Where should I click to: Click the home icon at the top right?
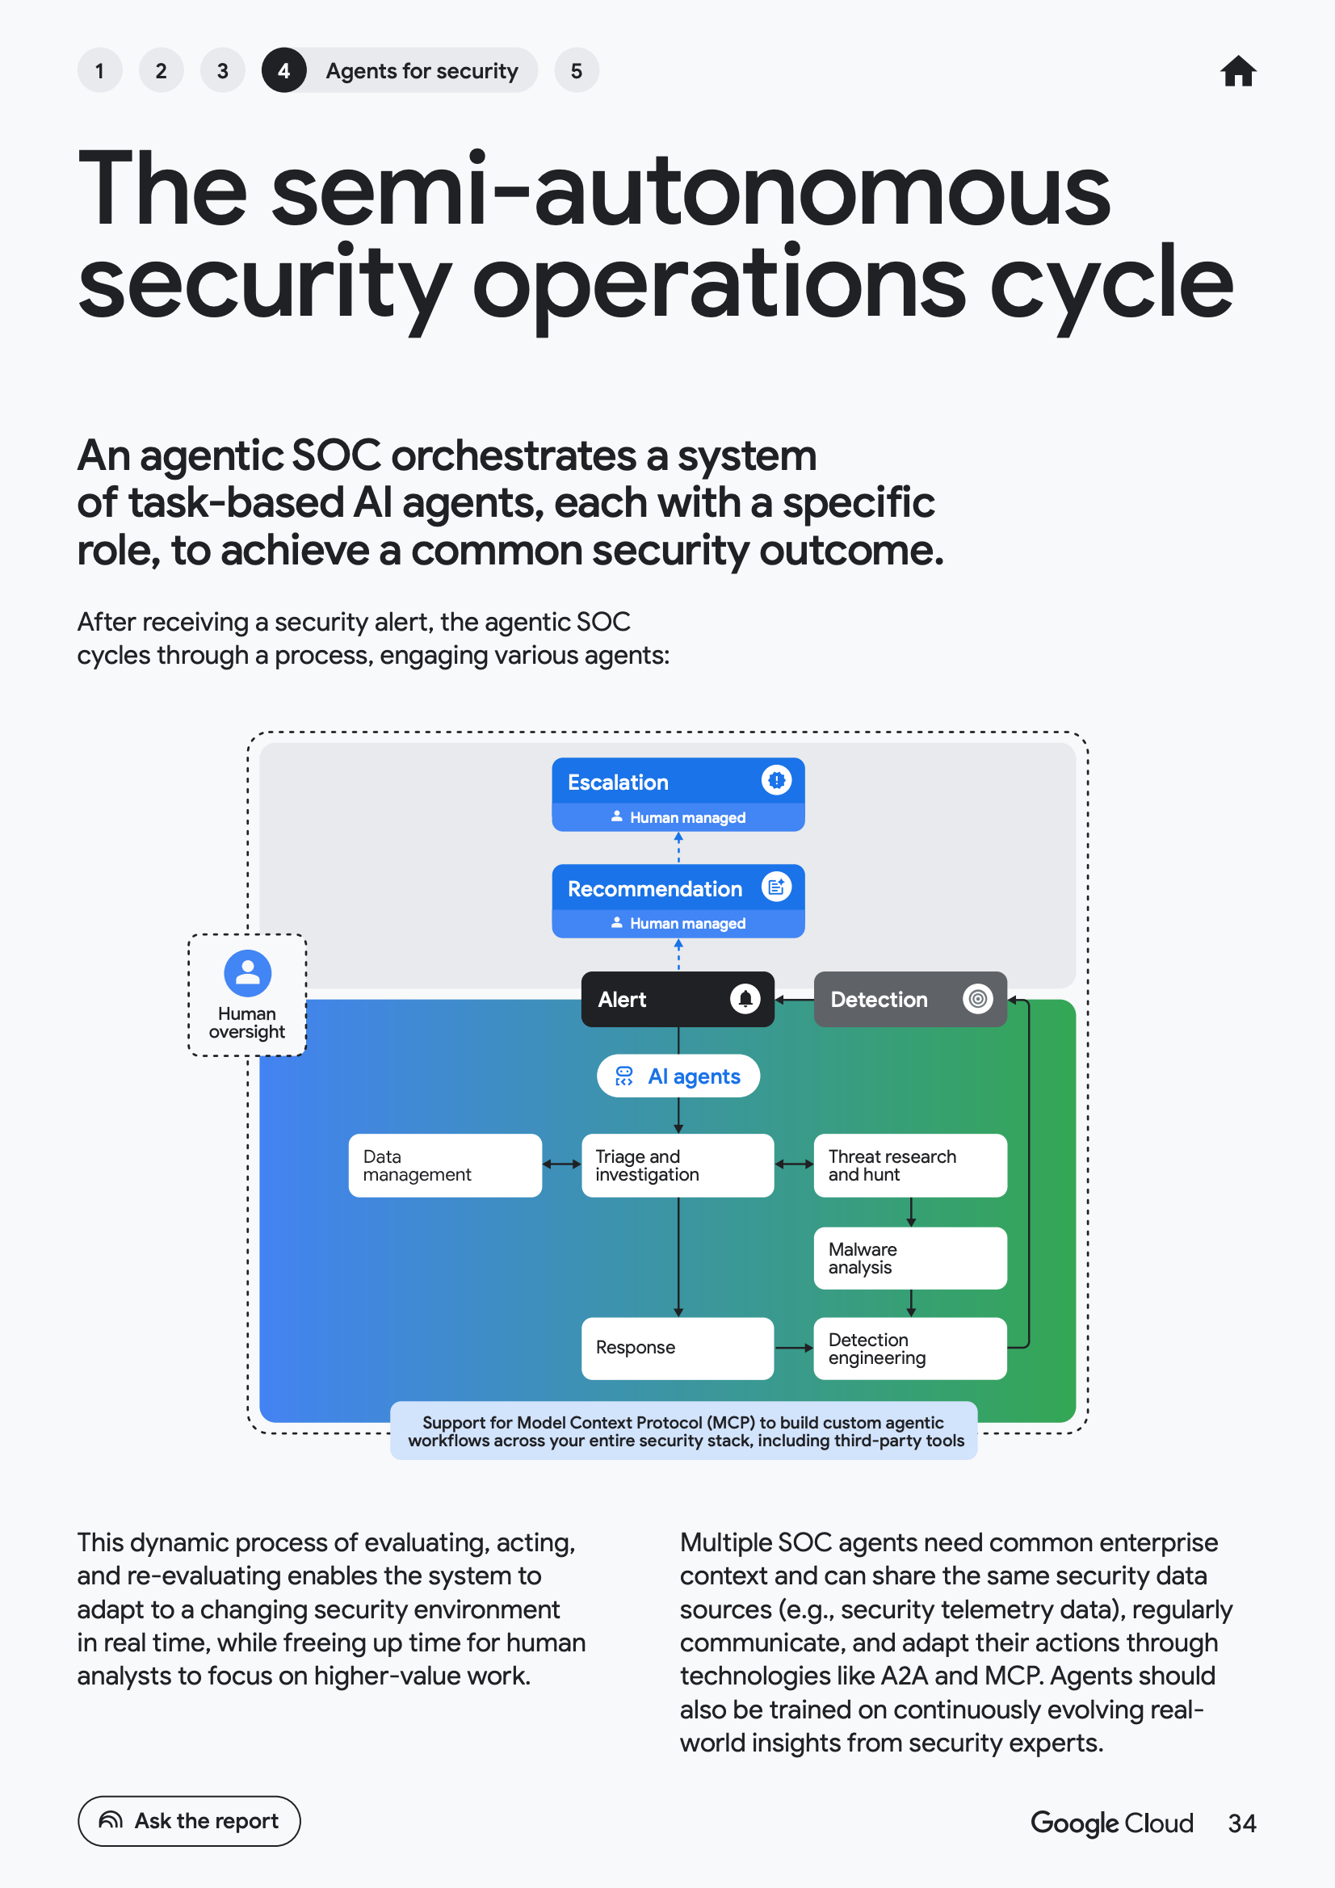point(1238,71)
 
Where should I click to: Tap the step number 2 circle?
point(162,71)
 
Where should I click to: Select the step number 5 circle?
point(577,71)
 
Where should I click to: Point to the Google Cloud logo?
point(1111,1823)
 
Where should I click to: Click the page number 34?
point(1242,1823)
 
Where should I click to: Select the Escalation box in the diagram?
point(678,795)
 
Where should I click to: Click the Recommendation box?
point(678,900)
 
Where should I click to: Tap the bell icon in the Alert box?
point(745,999)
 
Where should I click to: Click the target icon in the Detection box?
point(977,999)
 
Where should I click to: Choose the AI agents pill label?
point(678,1076)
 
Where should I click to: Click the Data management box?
point(445,1165)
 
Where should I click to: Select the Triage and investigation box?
point(678,1165)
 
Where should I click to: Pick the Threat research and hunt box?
point(910,1165)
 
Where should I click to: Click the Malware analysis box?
point(910,1258)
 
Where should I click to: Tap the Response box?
point(678,1349)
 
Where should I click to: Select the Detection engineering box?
point(910,1349)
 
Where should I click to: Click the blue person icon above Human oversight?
point(248,974)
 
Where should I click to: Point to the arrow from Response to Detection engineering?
point(795,1349)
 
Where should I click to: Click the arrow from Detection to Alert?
point(795,999)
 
